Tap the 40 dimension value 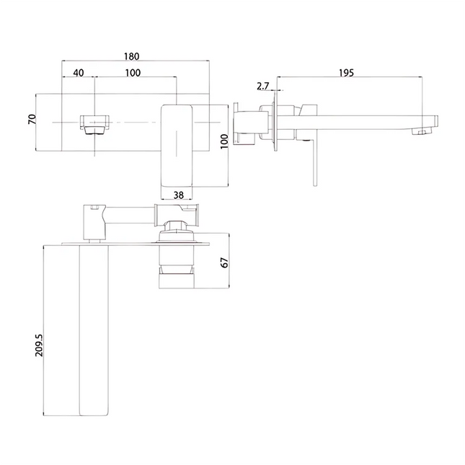click(x=79, y=73)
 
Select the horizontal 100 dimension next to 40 click(x=133, y=73)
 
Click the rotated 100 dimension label click(x=225, y=142)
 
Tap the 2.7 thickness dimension click(x=262, y=87)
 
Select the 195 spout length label click(x=345, y=73)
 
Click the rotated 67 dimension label click(x=224, y=262)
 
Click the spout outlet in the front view click(x=94, y=123)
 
